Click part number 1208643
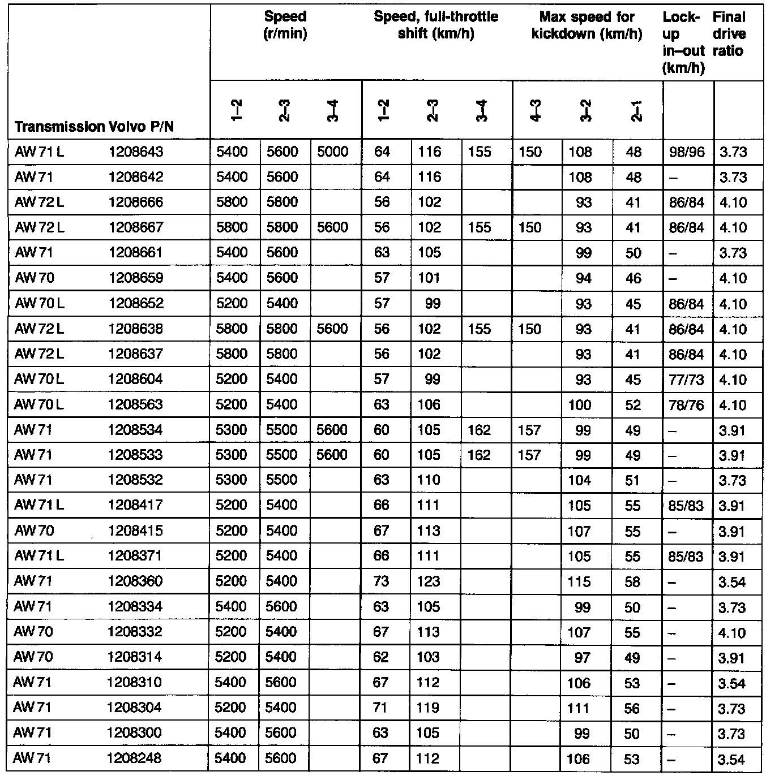pos(135,152)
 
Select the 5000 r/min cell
pos(333,152)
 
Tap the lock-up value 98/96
pos(687,152)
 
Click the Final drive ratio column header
pos(730,34)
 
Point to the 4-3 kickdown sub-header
pos(535,111)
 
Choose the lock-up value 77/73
pos(686,380)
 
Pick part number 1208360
pos(135,581)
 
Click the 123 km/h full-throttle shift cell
pos(429,581)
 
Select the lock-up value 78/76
pos(686,405)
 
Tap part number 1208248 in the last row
pos(134,758)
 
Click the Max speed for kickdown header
pos(587,25)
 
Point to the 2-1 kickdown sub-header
pos(636,111)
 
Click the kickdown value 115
pos(579,582)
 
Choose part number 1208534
pos(135,430)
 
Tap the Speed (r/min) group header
pos(285,25)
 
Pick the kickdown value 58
pos(633,582)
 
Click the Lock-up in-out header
pos(684,42)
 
